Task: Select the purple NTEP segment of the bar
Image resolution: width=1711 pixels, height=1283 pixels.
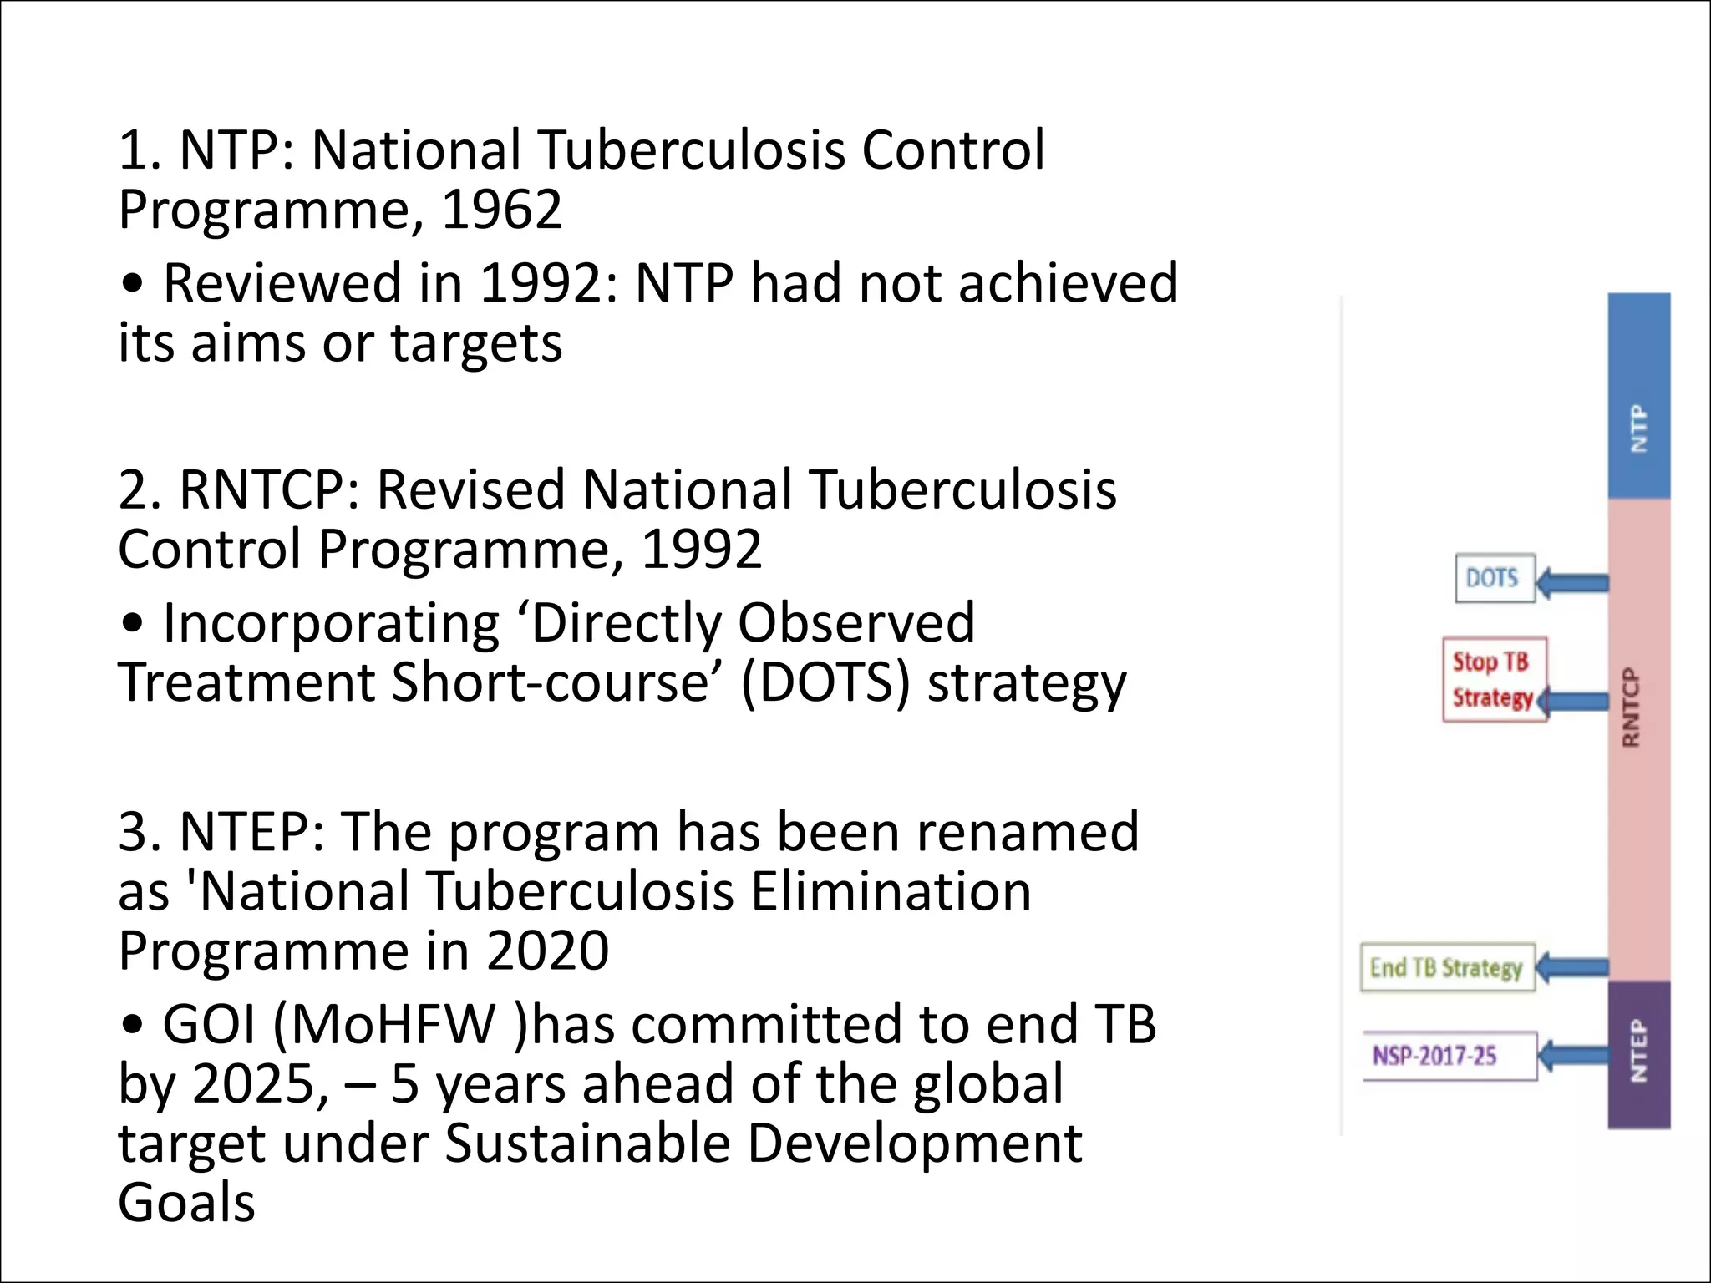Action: pos(1638,1054)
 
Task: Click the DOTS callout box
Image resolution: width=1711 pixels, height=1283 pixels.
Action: pos(1495,578)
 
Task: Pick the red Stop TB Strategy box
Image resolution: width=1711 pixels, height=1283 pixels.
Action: pos(1493,679)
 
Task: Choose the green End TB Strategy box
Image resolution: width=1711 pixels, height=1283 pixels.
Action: pos(1446,968)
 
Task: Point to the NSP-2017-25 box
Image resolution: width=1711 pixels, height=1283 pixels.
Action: pos(1449,1056)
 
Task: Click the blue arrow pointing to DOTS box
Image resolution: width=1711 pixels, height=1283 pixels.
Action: pos(1573,582)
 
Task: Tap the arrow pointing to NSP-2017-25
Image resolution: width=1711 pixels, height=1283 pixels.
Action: pos(1573,1055)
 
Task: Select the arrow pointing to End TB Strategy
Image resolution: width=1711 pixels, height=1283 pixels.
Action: pos(1572,967)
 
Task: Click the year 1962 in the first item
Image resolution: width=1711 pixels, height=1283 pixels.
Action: pos(501,209)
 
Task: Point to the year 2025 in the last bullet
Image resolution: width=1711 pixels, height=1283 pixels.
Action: pos(260,1083)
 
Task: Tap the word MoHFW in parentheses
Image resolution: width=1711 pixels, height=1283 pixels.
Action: pos(393,1024)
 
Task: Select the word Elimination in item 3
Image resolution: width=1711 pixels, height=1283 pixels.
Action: pos(891,891)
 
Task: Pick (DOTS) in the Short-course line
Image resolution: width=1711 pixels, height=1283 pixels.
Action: pos(825,682)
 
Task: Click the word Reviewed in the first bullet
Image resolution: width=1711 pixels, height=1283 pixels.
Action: pos(282,282)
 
